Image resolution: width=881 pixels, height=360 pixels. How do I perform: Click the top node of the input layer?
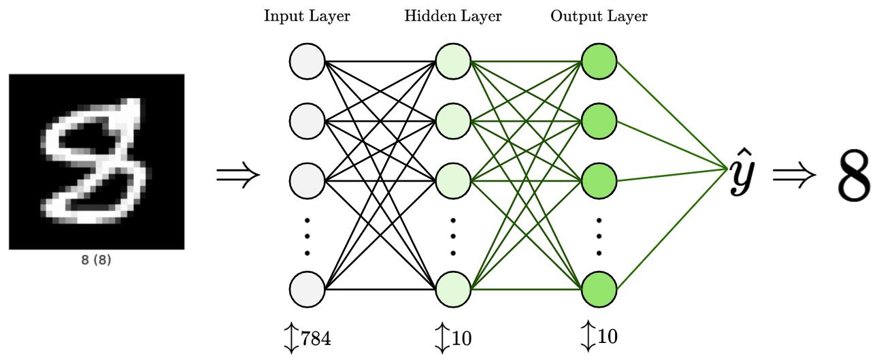307,61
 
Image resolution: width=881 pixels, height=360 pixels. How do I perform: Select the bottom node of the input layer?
307,289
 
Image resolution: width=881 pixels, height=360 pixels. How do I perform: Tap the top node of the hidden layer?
453,61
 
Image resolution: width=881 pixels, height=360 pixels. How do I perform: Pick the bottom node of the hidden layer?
453,289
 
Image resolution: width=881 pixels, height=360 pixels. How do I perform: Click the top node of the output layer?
599,61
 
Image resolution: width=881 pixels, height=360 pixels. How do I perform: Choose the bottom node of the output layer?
599,289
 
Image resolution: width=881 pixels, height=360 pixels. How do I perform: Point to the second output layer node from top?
599,121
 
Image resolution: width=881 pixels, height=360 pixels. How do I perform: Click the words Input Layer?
307,16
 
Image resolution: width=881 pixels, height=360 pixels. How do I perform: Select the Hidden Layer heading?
452,16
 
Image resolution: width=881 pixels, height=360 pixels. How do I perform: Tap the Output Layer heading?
599,16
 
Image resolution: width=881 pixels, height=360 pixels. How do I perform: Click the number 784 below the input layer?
316,338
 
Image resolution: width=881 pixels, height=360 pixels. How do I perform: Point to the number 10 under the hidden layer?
462,338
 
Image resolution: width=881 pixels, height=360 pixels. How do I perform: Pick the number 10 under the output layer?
608,337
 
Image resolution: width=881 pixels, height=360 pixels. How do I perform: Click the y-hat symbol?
742,172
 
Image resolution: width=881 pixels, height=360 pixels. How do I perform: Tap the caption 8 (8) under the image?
97,260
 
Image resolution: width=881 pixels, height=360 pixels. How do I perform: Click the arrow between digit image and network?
238,174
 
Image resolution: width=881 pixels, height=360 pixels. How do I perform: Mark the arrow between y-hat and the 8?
794,174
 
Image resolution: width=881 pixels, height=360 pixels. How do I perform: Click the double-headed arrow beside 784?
291,338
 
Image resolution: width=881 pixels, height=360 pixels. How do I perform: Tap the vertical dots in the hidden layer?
453,237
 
